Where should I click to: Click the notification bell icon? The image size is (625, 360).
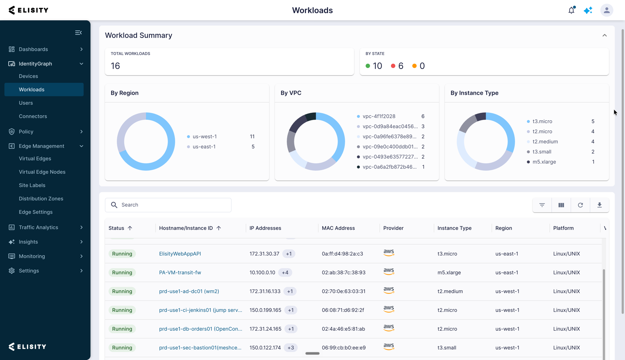tap(571, 10)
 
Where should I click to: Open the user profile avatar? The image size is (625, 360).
tap(607, 10)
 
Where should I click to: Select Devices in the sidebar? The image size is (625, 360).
tap(28, 76)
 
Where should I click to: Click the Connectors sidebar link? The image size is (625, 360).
tap(33, 116)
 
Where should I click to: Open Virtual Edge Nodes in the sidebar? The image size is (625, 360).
tap(42, 172)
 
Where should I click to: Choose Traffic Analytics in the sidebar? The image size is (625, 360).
tap(38, 227)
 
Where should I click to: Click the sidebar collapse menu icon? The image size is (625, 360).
tap(78, 33)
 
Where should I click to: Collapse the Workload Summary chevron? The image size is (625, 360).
tap(604, 35)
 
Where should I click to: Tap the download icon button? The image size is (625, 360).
tap(599, 205)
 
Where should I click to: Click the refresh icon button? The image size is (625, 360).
tap(580, 205)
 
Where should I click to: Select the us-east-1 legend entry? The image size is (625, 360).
tap(204, 147)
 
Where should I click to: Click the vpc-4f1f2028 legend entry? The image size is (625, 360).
tap(379, 116)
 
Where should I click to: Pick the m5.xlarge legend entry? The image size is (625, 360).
tap(544, 162)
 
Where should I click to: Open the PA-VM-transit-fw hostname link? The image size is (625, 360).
tap(180, 273)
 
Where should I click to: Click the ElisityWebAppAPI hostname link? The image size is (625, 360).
tap(180, 254)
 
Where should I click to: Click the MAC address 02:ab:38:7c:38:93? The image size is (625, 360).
tap(344, 273)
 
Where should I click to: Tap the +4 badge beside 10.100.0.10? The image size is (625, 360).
tap(285, 273)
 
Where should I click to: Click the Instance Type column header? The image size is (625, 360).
tap(454, 228)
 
